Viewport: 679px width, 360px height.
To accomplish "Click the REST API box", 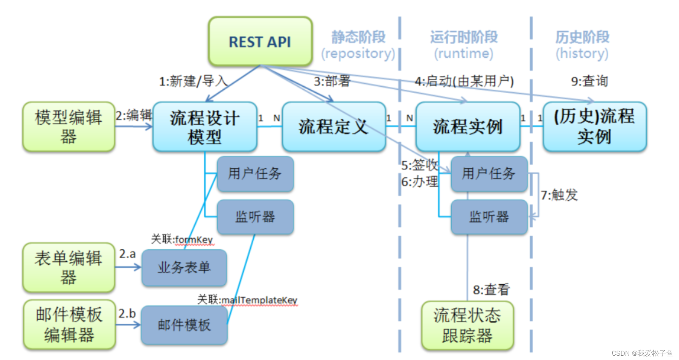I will pos(260,41).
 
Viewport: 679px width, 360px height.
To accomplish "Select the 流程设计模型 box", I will pos(205,127).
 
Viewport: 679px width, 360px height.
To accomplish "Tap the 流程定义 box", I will pos(334,127).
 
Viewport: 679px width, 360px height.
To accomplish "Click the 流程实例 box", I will pos(467,127).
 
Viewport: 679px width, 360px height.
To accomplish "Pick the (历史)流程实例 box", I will pos(594,127).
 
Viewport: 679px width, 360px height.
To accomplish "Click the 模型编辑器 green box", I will pos(68,127).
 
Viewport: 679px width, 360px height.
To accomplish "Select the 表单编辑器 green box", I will pos(68,267).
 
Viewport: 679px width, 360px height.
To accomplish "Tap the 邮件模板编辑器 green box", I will pos(69,324).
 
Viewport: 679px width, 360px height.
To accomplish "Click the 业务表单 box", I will pos(184,268).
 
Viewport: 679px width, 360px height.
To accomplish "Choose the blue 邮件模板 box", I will pos(184,325).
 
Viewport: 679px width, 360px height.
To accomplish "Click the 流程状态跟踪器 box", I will pos(467,325).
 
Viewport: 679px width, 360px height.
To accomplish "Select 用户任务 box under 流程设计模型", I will pos(255,174).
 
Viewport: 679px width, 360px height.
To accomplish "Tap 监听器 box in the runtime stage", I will pos(489,217).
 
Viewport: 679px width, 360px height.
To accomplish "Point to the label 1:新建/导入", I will pos(193,81).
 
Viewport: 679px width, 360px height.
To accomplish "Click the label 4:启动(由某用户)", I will pos(464,81).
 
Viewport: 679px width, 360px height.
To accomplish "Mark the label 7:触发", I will pos(559,195).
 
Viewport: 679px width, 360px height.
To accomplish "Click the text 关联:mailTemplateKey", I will pos(247,300).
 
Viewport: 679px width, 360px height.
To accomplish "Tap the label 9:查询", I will pos(589,81).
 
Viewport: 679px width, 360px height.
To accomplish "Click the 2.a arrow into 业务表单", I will pos(128,267).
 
